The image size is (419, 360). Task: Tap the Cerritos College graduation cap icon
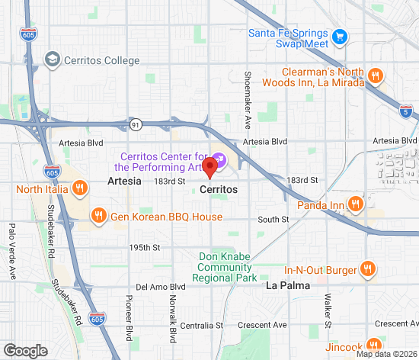[x=52, y=59]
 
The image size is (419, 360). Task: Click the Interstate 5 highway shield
[x=405, y=111]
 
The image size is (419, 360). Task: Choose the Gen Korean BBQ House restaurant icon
[x=98, y=217]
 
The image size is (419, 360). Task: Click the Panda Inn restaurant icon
[x=354, y=203]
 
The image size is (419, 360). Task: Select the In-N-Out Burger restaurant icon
[x=367, y=268]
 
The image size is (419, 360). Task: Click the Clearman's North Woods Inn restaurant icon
[x=374, y=76]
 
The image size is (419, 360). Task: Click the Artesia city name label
[x=123, y=182]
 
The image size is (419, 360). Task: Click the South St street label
[x=273, y=219]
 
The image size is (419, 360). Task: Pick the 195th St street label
[x=145, y=248]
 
